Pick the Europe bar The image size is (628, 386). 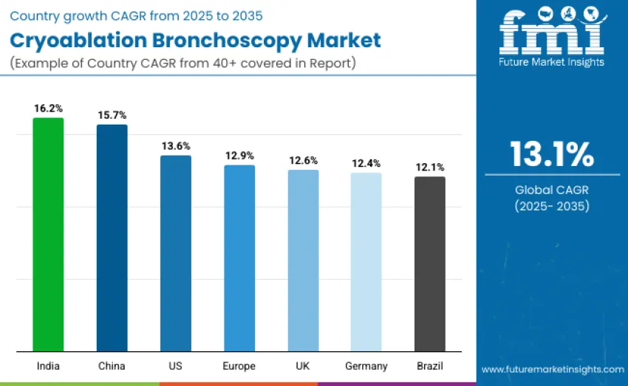point(239,258)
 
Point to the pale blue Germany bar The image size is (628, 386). point(366,261)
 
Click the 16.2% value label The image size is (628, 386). point(48,108)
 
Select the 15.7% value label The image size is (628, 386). point(112,115)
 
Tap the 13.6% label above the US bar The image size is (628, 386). point(176,145)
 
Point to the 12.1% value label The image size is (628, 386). point(430,168)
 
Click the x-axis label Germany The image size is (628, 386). point(366,366)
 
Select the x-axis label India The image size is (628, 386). point(48,366)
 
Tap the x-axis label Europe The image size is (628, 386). point(239,366)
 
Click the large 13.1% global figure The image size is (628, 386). point(551,154)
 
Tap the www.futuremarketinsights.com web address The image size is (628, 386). point(552,368)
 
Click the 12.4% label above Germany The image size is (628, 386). point(366,163)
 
